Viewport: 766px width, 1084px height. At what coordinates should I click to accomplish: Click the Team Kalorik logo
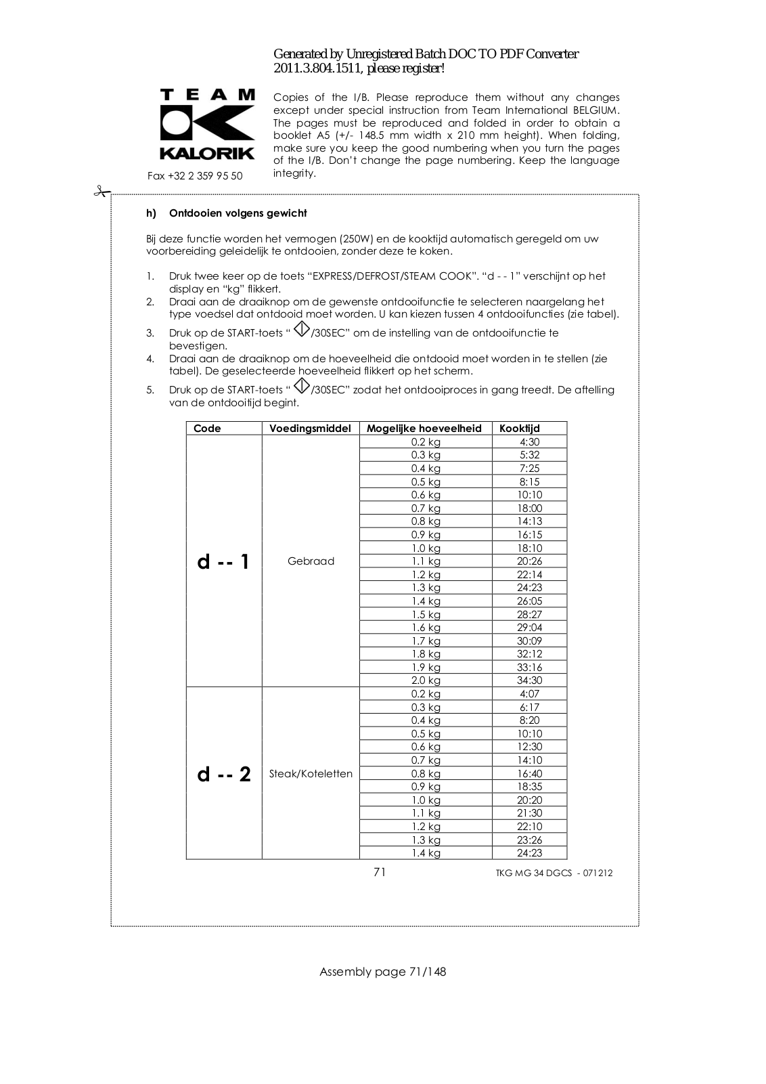coord(207,125)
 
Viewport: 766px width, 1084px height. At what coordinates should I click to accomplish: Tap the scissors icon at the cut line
coord(102,192)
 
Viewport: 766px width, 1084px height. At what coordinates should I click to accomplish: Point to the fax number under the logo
coord(195,176)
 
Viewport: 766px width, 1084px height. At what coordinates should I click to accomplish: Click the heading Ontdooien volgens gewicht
coord(238,213)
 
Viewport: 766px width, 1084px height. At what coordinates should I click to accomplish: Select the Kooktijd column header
coord(520,428)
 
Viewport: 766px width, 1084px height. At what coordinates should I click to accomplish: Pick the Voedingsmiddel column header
coord(310,428)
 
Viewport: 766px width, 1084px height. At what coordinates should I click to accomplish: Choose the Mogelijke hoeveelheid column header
coord(424,428)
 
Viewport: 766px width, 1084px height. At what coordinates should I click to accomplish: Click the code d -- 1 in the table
coord(223,561)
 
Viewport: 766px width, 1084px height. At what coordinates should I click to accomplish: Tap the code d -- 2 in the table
coord(223,774)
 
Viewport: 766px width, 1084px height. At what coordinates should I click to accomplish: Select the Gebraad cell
coord(311,561)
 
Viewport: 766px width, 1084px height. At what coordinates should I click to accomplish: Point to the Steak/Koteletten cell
coord(311,774)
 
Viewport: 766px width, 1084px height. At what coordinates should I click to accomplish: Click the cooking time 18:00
coord(529,508)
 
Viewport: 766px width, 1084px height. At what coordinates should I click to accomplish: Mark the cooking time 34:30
coord(529,680)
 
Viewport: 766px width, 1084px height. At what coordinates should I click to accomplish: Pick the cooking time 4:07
coord(529,694)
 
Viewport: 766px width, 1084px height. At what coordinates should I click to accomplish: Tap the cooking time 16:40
coord(529,774)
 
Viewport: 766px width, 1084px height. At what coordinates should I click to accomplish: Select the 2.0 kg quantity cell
coord(426,680)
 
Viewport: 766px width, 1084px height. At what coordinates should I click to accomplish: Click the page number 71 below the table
coord(380,872)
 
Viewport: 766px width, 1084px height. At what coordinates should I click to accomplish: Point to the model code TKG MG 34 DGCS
coord(554,873)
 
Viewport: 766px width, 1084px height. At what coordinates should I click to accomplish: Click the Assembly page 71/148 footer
coord(382,972)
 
